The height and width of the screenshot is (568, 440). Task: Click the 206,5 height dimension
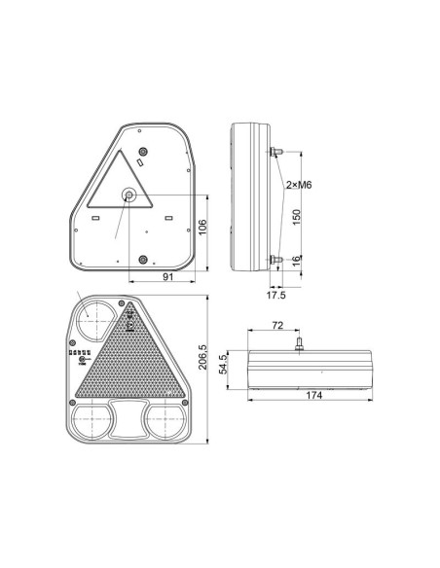[202, 357]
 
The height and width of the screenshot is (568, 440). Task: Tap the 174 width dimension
[313, 395]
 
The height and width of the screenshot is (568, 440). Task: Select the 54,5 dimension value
[223, 364]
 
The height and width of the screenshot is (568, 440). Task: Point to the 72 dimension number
[277, 325]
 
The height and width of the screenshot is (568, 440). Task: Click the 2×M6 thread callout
[299, 185]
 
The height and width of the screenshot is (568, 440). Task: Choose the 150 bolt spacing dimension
[297, 217]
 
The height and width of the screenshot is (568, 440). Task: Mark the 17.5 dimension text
[276, 295]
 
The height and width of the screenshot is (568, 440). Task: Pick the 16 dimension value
[297, 260]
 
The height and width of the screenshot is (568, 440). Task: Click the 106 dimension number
[202, 227]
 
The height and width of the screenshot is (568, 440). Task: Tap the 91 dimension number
[167, 277]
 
